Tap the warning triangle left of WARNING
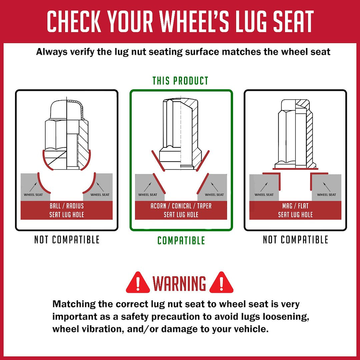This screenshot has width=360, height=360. click(x=138, y=283)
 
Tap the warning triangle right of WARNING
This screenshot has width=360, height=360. click(x=221, y=283)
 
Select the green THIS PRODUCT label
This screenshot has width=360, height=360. click(x=180, y=81)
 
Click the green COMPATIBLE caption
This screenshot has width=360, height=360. click(x=181, y=240)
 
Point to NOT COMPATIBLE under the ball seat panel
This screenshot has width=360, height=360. click(x=67, y=240)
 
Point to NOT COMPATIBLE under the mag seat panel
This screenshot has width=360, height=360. click(x=295, y=240)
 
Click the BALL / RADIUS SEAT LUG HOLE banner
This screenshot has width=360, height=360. click(x=67, y=210)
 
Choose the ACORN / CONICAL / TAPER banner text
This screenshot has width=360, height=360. click(x=181, y=206)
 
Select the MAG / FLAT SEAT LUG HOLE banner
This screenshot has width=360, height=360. click(x=295, y=210)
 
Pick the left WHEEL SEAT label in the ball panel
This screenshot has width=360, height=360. click(x=33, y=195)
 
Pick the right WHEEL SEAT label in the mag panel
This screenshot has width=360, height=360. click(x=326, y=195)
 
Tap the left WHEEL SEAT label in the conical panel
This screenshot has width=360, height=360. click(x=148, y=195)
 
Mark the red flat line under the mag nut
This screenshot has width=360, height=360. click(x=295, y=169)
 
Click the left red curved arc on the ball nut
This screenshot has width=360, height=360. click(x=47, y=160)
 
